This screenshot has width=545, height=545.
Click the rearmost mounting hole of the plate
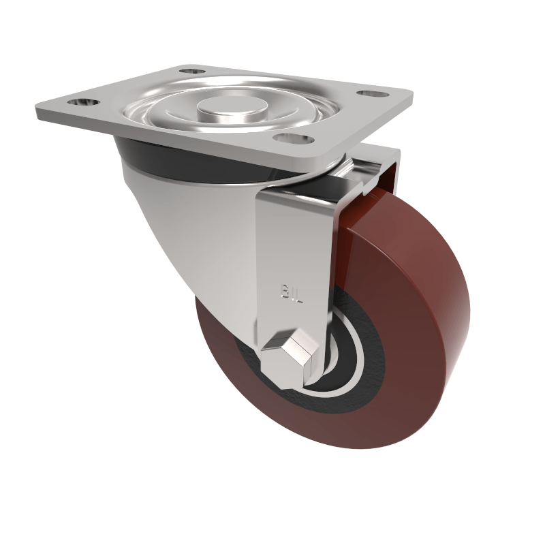(x=192, y=71)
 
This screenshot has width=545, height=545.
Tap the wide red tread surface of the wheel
(x=422, y=320)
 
